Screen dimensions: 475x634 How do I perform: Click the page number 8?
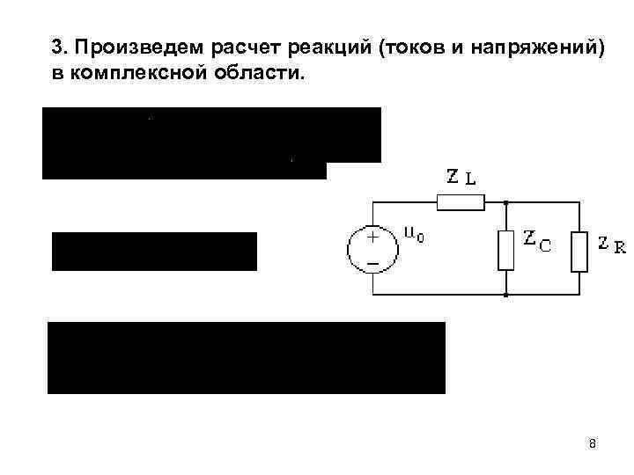click(593, 443)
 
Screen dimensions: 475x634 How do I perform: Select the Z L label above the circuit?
click(461, 177)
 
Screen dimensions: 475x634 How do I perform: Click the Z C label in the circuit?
click(537, 240)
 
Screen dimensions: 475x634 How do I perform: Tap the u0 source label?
click(414, 234)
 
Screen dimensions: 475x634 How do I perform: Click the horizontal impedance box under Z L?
click(461, 204)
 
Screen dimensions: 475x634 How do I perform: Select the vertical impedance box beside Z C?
click(506, 250)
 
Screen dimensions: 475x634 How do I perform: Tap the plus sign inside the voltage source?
click(372, 237)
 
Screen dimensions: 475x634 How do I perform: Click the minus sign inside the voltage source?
click(372, 263)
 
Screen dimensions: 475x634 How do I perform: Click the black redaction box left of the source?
click(154, 252)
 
